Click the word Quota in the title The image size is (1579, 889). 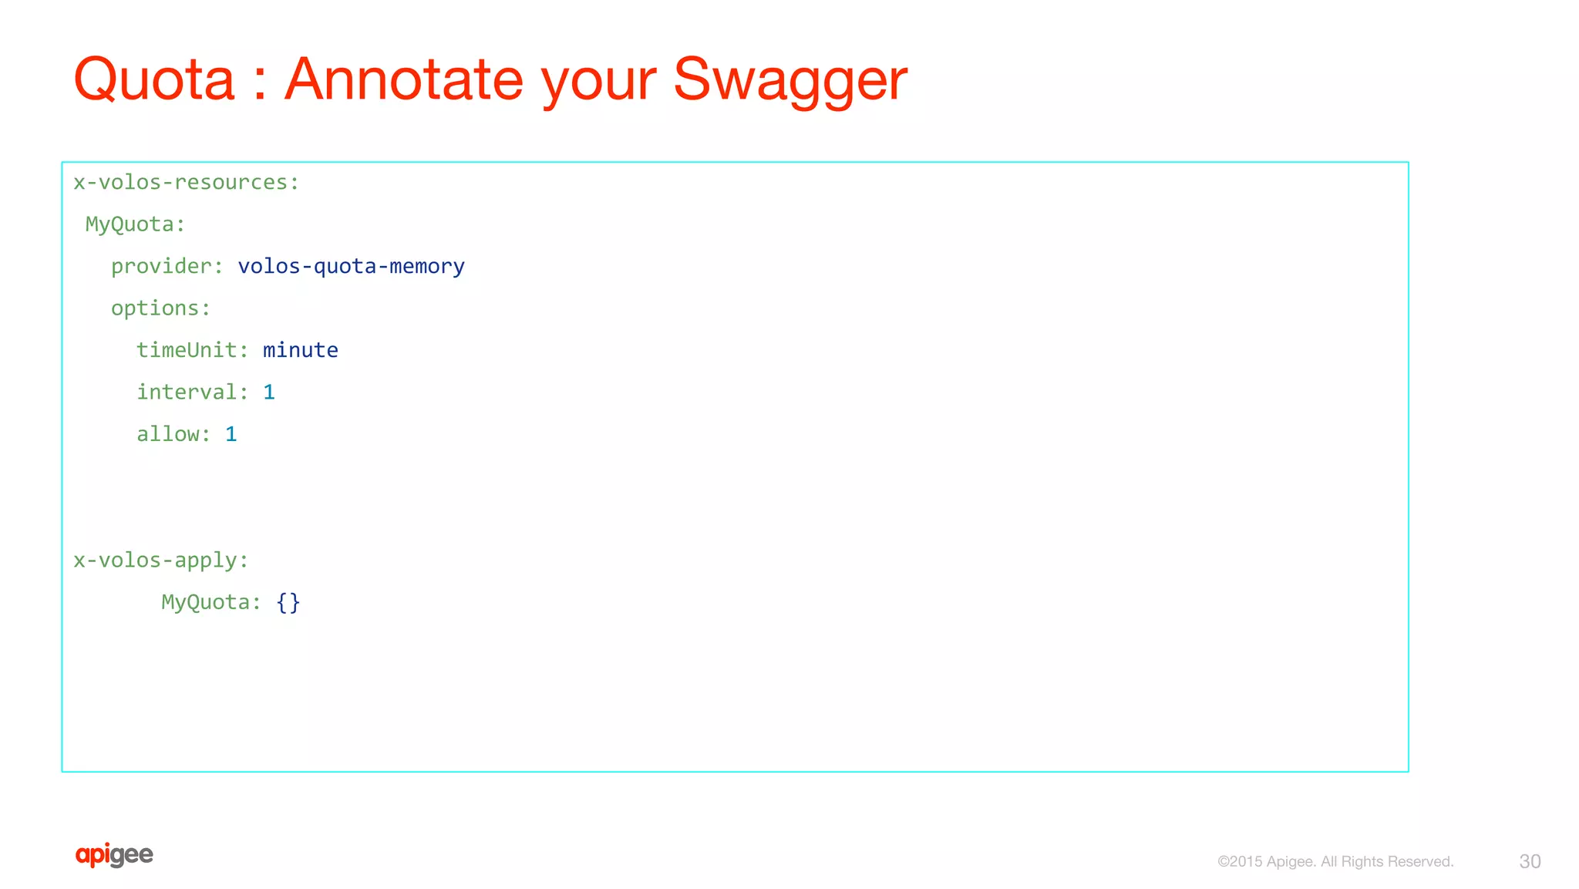[x=153, y=79]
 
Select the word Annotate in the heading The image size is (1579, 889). [x=404, y=79]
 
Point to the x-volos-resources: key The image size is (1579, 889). [x=186, y=183]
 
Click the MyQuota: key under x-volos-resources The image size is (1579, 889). [x=135, y=224]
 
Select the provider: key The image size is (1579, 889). [x=167, y=267]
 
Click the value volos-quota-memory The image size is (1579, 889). [x=351, y=267]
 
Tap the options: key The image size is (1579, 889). [x=160, y=308]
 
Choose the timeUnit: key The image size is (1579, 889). [x=192, y=350]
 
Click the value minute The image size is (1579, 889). [x=300, y=350]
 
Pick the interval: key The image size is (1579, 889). [x=192, y=392]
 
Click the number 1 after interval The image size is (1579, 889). [x=269, y=392]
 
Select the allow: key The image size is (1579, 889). [x=173, y=434]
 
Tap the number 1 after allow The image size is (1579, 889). [x=231, y=434]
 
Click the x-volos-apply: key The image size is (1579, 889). [x=160, y=561]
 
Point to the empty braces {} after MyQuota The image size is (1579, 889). [x=288, y=602]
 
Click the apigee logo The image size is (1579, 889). [x=114, y=855]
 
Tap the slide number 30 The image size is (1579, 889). [x=1530, y=861]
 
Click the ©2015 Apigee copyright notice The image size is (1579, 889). [x=1335, y=861]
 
